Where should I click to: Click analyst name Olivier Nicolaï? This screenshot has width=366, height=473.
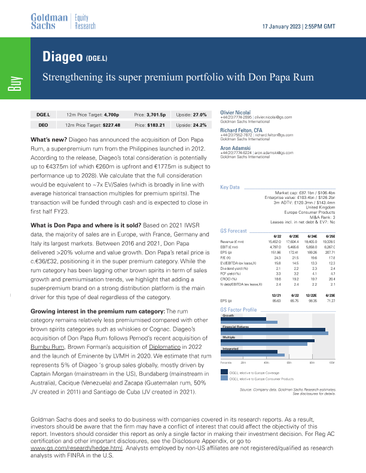[x=237, y=112]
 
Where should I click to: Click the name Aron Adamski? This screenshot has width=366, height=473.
[x=237, y=147]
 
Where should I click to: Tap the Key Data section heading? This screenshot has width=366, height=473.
[x=231, y=188]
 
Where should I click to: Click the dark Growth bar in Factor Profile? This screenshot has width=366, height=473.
[x=243, y=319]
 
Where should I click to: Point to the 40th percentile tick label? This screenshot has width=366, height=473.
[x=265, y=363]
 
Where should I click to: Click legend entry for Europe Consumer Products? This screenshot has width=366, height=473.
[x=266, y=379]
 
